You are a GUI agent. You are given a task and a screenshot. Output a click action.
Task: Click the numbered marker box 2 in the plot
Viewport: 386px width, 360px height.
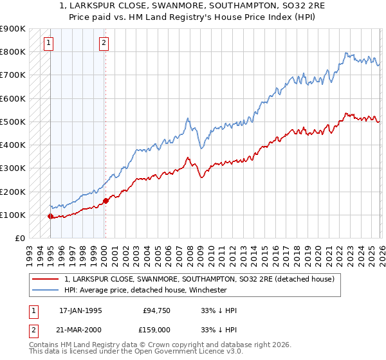tap(104, 44)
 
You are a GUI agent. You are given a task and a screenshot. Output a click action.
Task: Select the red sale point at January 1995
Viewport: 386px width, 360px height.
tap(50, 216)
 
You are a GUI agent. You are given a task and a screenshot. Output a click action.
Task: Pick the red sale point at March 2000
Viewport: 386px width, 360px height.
tap(106, 201)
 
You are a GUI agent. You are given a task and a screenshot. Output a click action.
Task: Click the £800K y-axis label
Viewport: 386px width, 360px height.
tap(13, 51)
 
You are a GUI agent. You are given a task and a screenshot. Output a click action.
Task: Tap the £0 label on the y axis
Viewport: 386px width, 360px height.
tap(19, 239)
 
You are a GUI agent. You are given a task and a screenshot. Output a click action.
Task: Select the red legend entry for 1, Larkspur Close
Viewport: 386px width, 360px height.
tap(199, 279)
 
